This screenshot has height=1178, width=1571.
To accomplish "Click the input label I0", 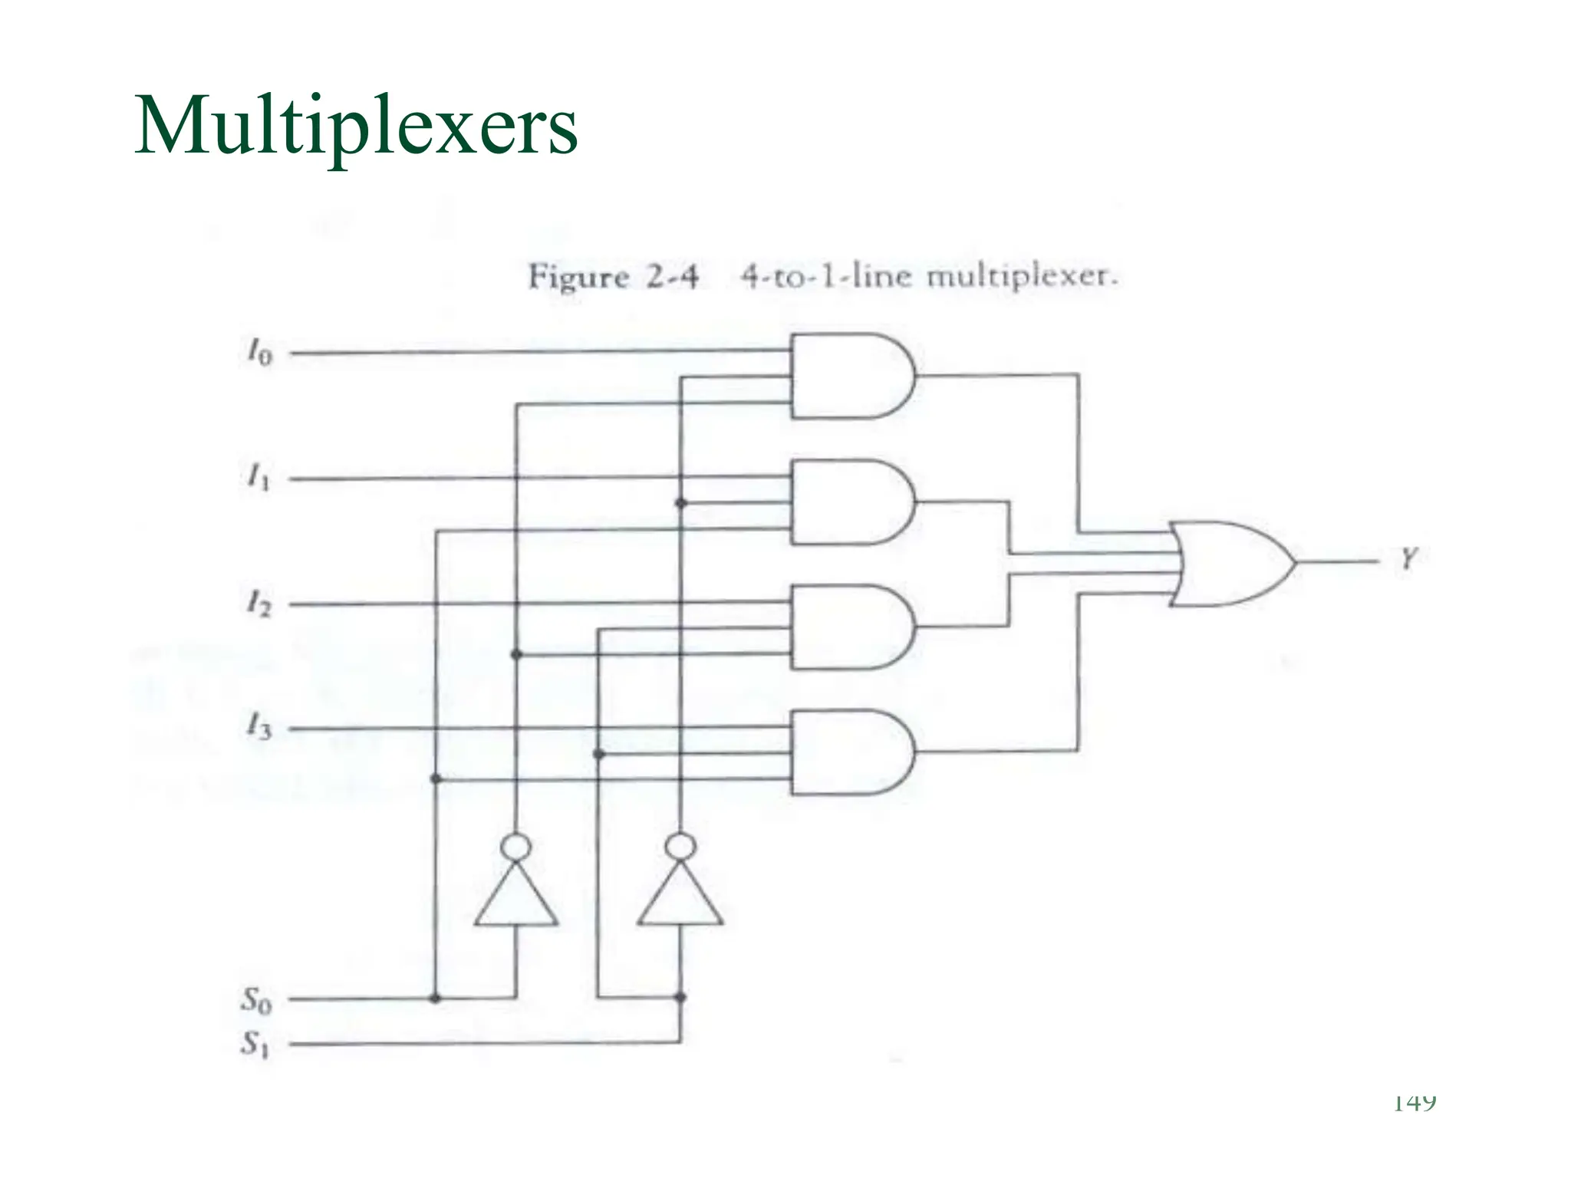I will click(x=259, y=353).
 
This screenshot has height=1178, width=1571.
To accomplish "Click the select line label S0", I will click(x=256, y=999).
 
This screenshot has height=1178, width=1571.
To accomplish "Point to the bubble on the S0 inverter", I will click(x=515, y=847).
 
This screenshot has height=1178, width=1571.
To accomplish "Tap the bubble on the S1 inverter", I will click(x=680, y=847).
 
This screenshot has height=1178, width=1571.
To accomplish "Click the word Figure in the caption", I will click(x=579, y=276).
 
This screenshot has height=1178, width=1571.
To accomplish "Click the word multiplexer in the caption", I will click(x=1021, y=275).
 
